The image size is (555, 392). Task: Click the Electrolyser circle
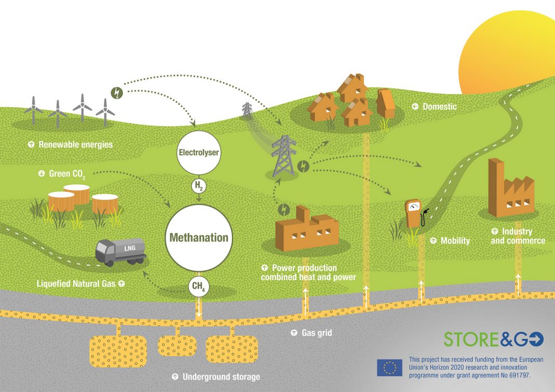point(199,153)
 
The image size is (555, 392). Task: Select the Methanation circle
point(199,237)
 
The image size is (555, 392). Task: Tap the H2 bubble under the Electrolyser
point(199,186)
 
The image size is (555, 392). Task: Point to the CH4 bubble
point(198,287)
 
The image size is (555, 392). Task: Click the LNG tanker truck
point(121,251)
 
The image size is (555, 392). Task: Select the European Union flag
point(389,368)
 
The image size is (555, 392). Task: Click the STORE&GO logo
point(493,339)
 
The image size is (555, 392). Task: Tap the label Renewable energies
point(75,144)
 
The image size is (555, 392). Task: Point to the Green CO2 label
point(67,174)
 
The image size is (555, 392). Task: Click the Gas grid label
point(317,333)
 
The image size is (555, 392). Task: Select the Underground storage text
point(221,377)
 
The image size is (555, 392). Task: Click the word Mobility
point(455,241)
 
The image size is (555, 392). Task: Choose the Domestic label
point(440,106)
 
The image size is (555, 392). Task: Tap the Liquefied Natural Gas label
point(76,283)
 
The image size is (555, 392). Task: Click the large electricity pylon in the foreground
point(284,156)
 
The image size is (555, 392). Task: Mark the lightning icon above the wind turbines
point(117,93)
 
